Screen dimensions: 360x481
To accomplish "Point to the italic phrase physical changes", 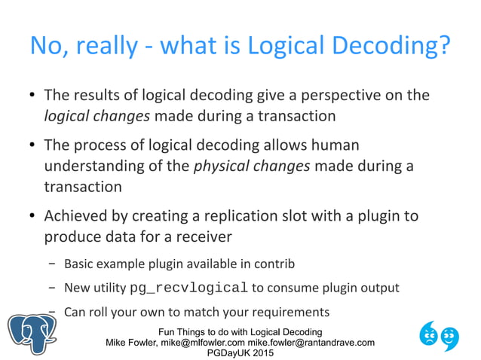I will coord(252,165).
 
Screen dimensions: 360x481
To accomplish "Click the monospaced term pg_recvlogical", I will coord(189,288).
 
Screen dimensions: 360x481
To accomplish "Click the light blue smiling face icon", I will coord(450,337).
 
